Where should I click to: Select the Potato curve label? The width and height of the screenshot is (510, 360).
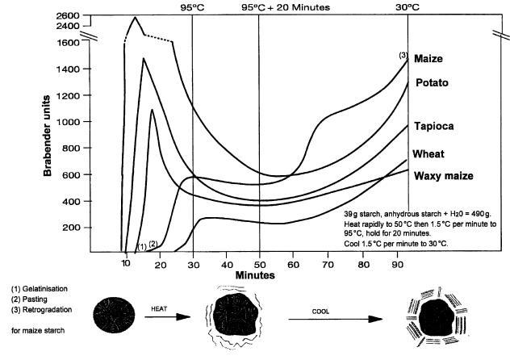pyautogui.click(x=433, y=83)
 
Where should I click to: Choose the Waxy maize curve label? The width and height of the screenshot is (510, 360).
pyautogui.click(x=443, y=176)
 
